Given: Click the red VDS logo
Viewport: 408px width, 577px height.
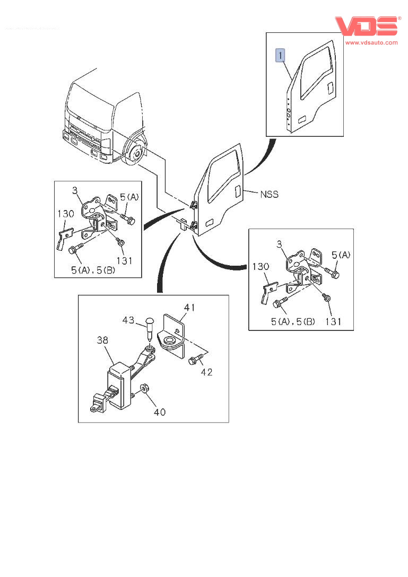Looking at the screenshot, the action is point(367,26).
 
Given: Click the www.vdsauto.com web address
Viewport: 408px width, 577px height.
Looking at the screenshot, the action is point(371,42).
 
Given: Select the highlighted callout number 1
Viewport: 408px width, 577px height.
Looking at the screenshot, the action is point(280,55).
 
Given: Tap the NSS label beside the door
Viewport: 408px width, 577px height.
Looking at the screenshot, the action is point(269,194).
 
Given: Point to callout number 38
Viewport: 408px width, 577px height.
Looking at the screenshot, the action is point(102,340).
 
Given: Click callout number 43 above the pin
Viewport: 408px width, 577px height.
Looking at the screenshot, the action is point(128,320).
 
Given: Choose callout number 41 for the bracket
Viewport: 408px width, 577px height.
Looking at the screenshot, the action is point(189,307).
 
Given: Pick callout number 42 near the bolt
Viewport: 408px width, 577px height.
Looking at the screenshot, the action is point(206,372).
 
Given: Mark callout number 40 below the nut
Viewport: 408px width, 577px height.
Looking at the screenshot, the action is point(160,412).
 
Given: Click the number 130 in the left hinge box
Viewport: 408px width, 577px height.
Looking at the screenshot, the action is point(66,213).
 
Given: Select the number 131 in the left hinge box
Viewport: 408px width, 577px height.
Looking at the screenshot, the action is point(124,260).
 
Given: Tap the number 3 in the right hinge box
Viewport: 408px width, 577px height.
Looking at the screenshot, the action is point(280,244).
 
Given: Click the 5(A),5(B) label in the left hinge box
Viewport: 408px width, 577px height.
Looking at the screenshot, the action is point(93,270).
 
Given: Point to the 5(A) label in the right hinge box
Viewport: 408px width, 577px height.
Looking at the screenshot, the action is point(341,255).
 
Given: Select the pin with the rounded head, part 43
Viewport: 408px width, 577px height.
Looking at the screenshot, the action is point(150,329).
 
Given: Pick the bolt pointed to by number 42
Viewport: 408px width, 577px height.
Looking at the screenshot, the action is point(196,359).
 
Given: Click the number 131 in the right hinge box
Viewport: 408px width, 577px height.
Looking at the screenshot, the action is point(333,321).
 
